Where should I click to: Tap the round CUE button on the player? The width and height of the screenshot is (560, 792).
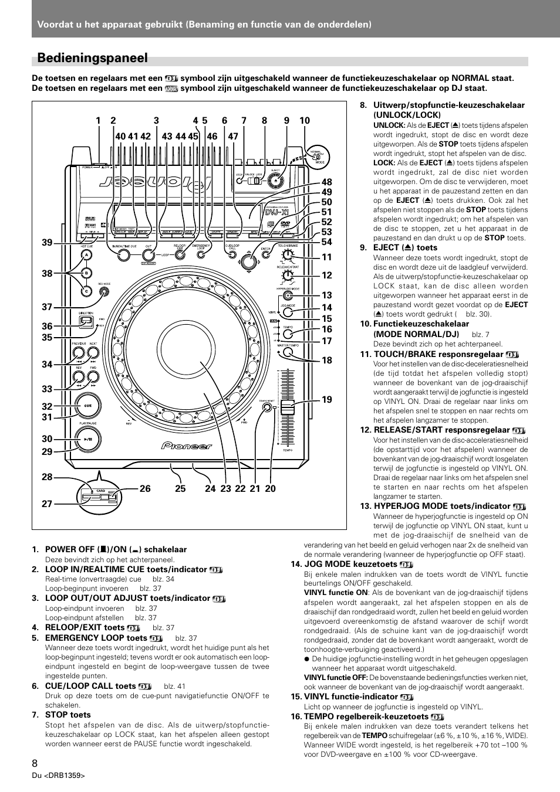point(87,405)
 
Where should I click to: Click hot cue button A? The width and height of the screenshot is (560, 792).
point(86,256)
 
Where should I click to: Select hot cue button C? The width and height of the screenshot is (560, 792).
point(86,290)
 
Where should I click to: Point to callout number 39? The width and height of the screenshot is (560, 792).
point(47,243)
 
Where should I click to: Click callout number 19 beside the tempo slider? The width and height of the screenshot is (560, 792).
point(326,399)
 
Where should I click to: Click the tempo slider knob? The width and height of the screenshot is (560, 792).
point(288,407)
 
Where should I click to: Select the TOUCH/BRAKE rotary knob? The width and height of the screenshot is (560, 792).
point(287,254)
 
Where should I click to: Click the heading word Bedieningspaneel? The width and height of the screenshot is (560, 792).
point(92,57)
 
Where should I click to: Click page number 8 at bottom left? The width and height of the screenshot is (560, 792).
point(36,763)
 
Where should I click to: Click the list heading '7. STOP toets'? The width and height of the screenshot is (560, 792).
point(62,715)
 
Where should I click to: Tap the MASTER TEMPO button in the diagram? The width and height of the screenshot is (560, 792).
point(288,354)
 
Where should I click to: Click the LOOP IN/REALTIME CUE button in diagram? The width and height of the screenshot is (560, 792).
point(123,255)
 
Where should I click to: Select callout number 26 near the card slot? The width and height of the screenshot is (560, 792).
point(145,488)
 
